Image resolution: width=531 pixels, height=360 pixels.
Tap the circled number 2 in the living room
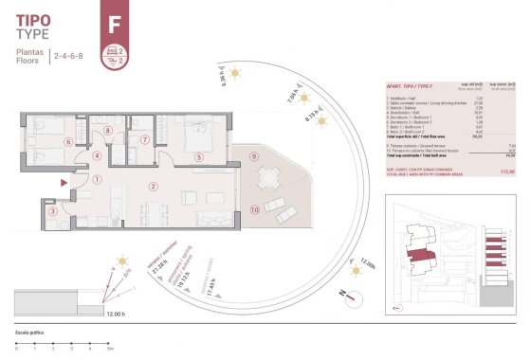point(152,186)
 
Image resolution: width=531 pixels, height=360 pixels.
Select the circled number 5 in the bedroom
point(198,157)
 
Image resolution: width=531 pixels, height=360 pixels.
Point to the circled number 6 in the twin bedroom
point(66,142)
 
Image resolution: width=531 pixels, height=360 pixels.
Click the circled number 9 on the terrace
point(254,155)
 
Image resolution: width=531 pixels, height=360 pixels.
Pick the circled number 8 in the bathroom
point(108,132)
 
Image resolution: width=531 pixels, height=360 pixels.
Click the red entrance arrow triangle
point(63,181)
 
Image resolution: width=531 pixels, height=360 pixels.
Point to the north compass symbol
point(353,297)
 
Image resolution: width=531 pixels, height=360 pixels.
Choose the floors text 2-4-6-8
point(69,57)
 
